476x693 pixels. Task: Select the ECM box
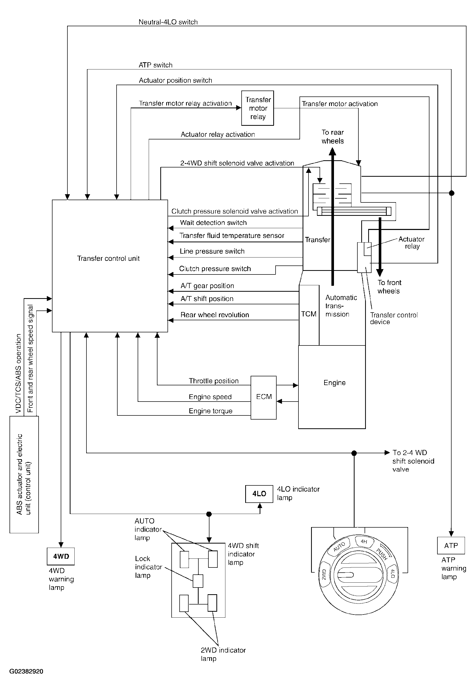264,397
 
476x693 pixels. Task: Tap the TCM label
309,314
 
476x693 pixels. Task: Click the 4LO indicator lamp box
259,494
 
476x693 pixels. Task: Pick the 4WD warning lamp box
61,556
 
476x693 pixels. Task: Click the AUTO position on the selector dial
339,546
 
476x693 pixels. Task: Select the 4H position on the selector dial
364,541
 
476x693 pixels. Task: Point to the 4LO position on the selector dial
392,573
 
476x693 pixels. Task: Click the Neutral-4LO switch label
168,22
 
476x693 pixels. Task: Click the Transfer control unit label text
108,259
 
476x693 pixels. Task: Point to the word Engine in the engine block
334,383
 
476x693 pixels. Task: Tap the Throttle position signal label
214,381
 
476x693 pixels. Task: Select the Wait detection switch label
213,223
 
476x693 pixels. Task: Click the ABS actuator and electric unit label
24,474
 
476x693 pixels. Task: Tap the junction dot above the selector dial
354,453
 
